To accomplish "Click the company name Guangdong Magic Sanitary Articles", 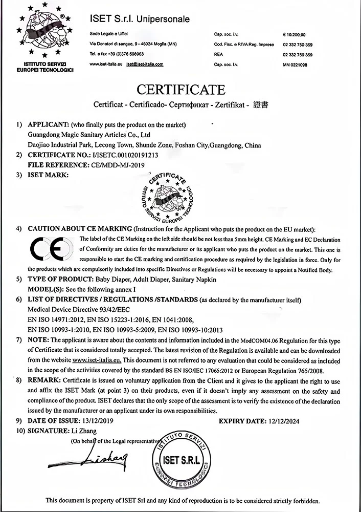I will point(88,135).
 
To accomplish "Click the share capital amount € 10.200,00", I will point(294,35).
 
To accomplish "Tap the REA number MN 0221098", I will point(295,65).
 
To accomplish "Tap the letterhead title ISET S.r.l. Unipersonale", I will point(140,19).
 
